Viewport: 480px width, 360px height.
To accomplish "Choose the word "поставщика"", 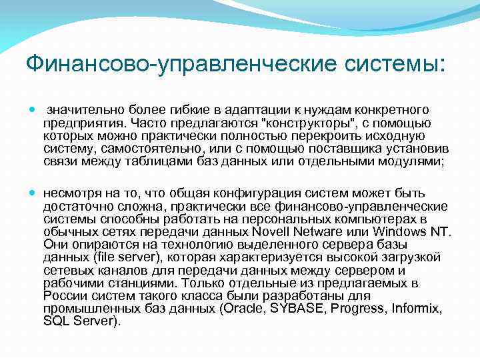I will click(329, 148).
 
